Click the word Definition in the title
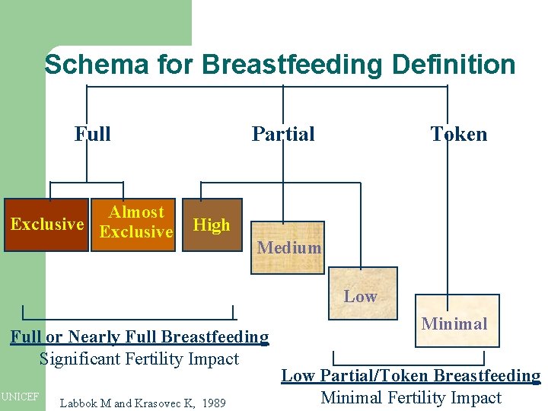(454, 65)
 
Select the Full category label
(92, 134)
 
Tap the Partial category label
(283, 134)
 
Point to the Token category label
(458, 134)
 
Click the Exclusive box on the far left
(46, 225)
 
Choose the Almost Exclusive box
(136, 224)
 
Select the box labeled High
(212, 225)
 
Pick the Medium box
(288, 247)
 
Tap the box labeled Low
(360, 296)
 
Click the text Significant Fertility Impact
(139, 358)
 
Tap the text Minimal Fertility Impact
(411, 397)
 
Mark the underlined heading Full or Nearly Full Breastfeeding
(139, 336)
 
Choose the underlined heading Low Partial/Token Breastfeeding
(411, 375)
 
